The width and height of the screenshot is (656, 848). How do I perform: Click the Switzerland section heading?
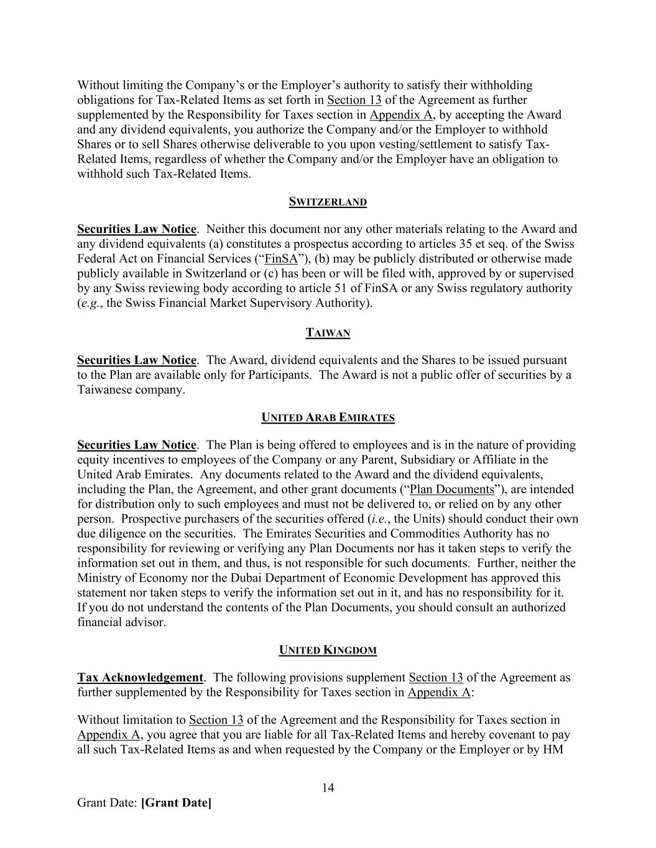coord(328,202)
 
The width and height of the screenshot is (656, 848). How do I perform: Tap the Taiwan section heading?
coord(328,333)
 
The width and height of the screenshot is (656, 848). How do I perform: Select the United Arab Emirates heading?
coord(328,418)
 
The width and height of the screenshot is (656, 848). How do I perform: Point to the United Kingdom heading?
coord(328,650)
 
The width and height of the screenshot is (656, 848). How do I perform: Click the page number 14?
coord(328,788)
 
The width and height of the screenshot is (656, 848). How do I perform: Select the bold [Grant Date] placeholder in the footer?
coord(177,803)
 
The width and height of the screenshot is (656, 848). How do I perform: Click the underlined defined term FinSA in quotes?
coord(281,258)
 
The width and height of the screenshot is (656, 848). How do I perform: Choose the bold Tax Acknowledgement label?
coord(140,677)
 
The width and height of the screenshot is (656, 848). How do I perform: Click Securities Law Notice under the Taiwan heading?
coord(136,360)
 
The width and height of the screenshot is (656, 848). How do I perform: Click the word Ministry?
coord(99,578)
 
